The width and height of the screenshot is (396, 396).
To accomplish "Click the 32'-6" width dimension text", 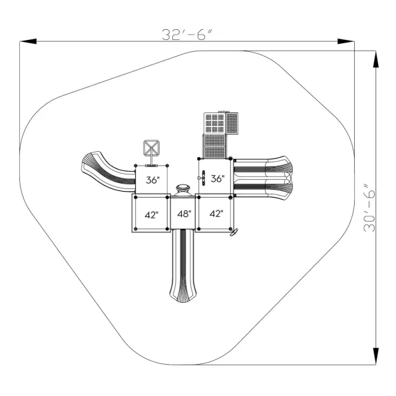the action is click(187, 35).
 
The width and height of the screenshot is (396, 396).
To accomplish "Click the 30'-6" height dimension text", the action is click(369, 208).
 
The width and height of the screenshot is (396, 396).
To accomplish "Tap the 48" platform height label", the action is click(184, 214).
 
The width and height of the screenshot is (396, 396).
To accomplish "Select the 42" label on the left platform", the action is click(152, 215).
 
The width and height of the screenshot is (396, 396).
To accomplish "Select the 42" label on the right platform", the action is click(216, 214).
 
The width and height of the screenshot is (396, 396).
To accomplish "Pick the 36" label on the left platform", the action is click(153, 180).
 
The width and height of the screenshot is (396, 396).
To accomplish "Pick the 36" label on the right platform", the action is click(218, 179).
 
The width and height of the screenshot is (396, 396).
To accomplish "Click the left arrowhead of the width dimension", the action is click(28, 41).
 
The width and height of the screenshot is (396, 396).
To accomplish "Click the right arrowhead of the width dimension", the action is click(345, 41).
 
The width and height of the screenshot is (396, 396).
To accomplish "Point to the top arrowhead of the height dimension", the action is click(376, 59).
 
